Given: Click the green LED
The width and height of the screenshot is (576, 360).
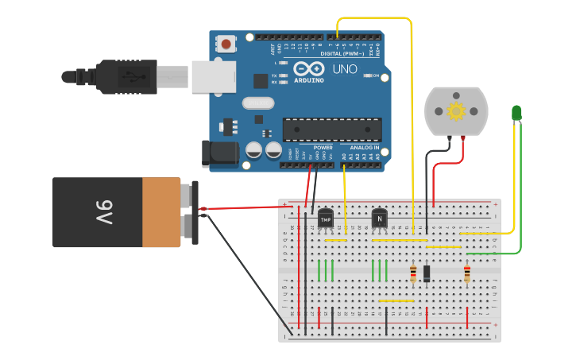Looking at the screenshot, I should point(516,113).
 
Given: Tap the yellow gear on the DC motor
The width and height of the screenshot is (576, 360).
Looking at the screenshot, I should point(456,111).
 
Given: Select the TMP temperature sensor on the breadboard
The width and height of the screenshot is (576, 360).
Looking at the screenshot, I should point(325,219).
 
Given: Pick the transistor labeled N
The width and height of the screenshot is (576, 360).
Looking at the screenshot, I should point(379,218).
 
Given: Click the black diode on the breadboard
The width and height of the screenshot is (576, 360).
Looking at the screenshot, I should point(427,273).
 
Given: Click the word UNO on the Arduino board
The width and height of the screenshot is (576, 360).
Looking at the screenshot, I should point(345,70).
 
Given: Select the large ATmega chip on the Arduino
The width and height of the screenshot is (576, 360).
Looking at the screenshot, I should point(331,130).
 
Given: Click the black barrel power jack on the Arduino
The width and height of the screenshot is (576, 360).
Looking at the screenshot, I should point(219,153).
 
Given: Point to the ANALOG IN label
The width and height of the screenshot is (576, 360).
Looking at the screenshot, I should point(365,148).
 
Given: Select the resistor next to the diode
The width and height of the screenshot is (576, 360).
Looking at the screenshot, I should point(413,273).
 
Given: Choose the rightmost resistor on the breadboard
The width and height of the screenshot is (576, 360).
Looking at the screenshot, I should point(466,273).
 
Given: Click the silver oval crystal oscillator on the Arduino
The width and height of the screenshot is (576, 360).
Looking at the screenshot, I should point(258,103).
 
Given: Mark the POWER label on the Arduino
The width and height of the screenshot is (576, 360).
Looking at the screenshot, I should point(323,148).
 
